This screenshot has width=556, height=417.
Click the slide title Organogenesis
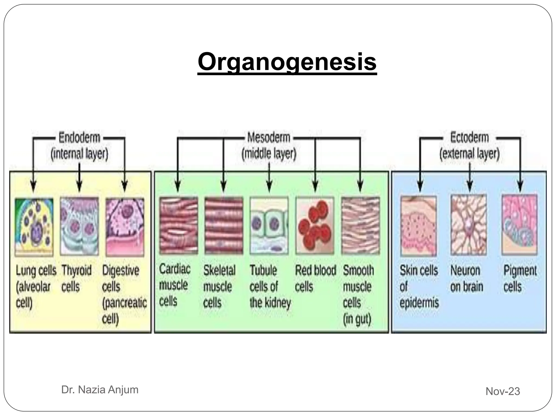coord(287,62)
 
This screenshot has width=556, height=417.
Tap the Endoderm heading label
coord(79,138)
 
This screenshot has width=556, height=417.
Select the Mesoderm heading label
coord(269,138)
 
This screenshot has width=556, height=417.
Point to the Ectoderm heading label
coord(469,137)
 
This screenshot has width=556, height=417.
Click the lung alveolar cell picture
coord(34,227)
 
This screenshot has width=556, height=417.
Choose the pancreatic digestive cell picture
coord(125,227)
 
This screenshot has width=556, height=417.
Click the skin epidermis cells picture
coord(418,226)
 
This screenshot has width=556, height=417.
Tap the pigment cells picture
coord(519,225)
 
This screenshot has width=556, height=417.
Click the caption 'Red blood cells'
coord(315,278)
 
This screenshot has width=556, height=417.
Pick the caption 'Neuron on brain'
coord(467,278)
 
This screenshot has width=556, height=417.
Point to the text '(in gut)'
coord(357,319)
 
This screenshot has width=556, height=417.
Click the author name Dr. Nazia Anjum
coord(100,390)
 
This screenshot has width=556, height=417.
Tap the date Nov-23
coord(503,391)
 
